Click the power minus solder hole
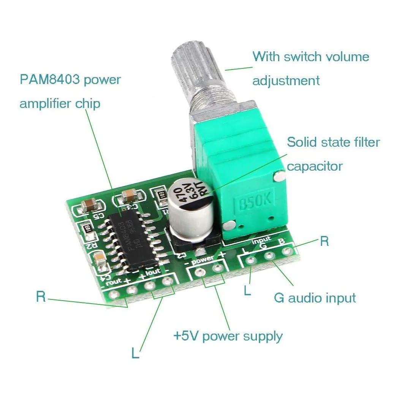pyautogui.click(x=199, y=272)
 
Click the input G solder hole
pyautogui.click(x=269, y=256)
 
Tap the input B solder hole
pyautogui.click(x=288, y=251)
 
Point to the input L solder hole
pyautogui.click(x=250, y=260)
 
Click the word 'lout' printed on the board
pyautogui.click(x=153, y=272)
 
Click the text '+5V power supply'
pyautogui.click(x=228, y=336)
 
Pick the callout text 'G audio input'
pyautogui.click(x=315, y=298)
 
